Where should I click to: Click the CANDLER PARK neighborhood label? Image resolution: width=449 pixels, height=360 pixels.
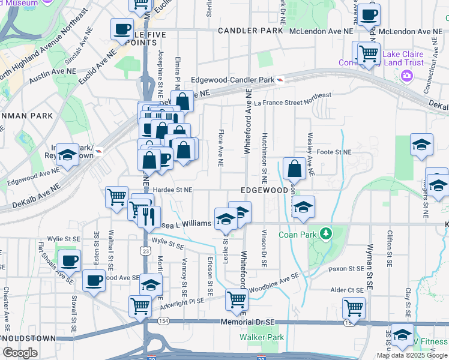tap(250, 30)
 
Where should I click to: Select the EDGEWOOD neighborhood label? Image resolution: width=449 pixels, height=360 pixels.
tap(265, 190)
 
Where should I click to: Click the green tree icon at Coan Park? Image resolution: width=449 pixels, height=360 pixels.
tap(326, 232)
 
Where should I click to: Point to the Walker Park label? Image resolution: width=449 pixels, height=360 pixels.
tap(261, 337)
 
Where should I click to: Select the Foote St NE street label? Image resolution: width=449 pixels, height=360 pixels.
tap(334, 152)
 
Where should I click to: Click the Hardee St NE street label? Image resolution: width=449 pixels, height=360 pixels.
tap(172, 189)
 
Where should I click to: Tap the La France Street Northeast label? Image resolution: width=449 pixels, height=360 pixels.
tap(292, 100)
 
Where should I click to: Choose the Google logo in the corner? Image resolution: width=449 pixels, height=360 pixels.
tap(20, 352)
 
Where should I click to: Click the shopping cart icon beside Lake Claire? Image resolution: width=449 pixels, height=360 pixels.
tap(369, 52)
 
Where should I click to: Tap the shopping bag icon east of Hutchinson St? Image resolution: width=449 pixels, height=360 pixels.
tap(295, 168)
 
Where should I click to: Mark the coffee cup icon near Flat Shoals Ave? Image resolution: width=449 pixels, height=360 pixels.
tap(70, 260)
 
